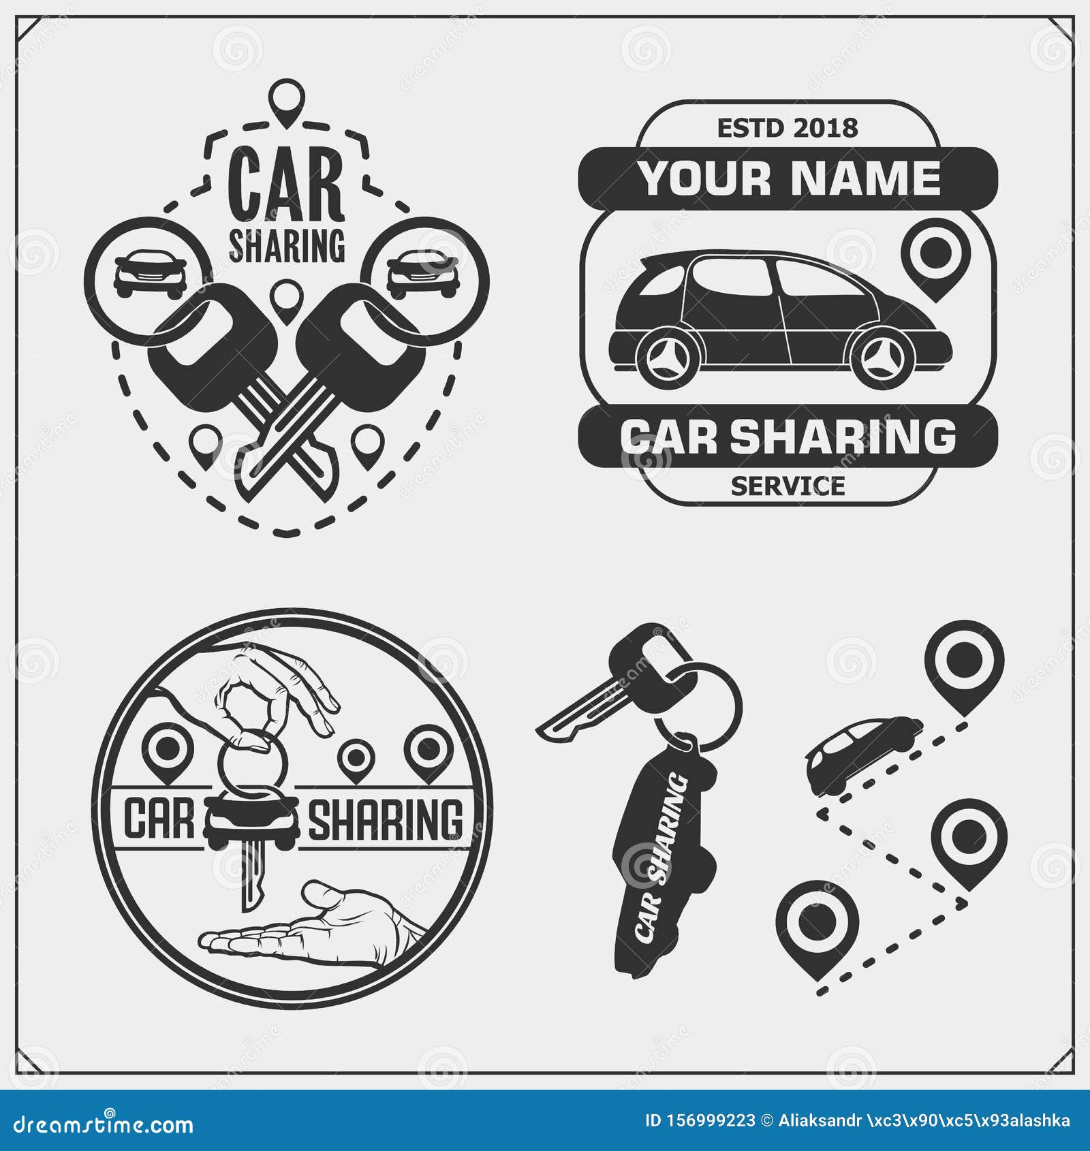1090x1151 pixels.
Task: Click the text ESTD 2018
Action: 788,128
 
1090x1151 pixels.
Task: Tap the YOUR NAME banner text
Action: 789,178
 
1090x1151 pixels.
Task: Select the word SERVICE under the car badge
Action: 788,486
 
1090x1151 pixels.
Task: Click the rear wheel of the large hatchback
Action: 668,357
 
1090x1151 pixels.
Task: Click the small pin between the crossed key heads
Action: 286,300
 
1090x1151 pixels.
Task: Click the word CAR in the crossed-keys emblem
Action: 286,185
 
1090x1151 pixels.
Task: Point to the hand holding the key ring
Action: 286,688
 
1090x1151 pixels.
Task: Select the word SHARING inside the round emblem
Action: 386,820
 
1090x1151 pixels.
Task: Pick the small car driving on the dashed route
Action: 862,753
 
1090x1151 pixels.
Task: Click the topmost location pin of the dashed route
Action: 964,661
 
